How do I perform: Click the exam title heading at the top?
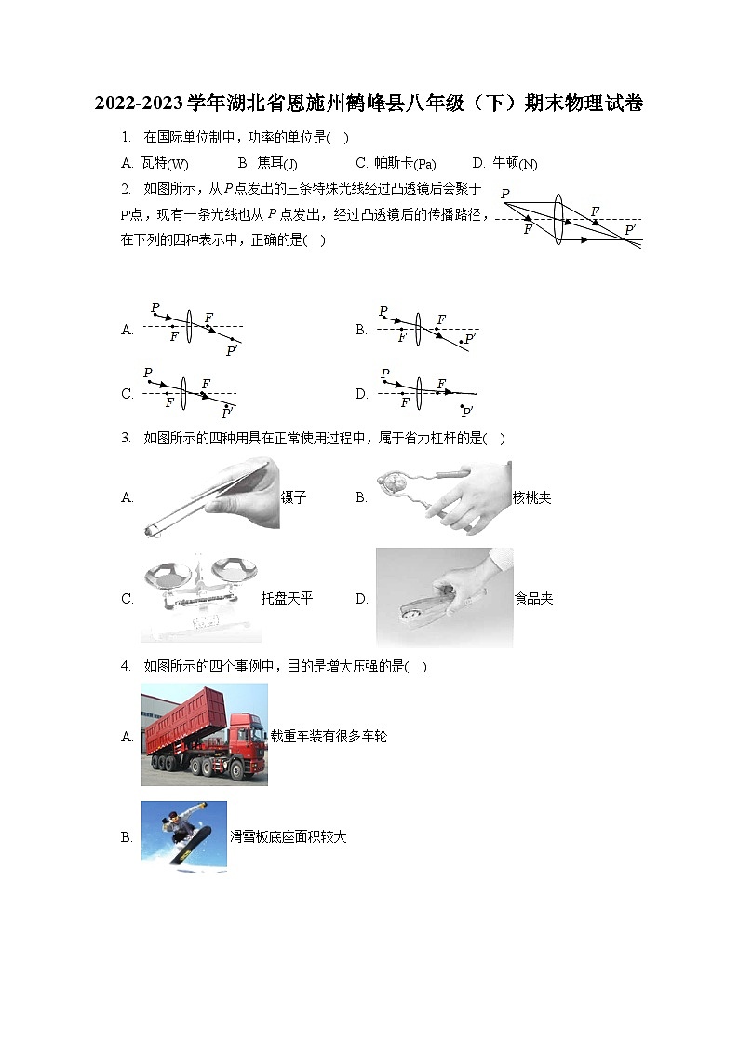pos(369,103)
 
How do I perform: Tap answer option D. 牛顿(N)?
pos(504,163)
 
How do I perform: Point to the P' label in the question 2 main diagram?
pos(630,229)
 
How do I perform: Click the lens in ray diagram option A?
pos(189,327)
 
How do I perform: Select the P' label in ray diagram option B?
pos(470,338)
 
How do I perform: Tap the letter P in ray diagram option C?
pos(148,373)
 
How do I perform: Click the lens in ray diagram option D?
pos(420,391)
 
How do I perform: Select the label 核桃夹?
pos(531,497)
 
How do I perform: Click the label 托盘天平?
pos(287,598)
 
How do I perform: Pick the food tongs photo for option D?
pos(444,598)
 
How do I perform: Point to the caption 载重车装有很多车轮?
pos(329,736)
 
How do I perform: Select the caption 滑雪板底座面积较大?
pos(289,836)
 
